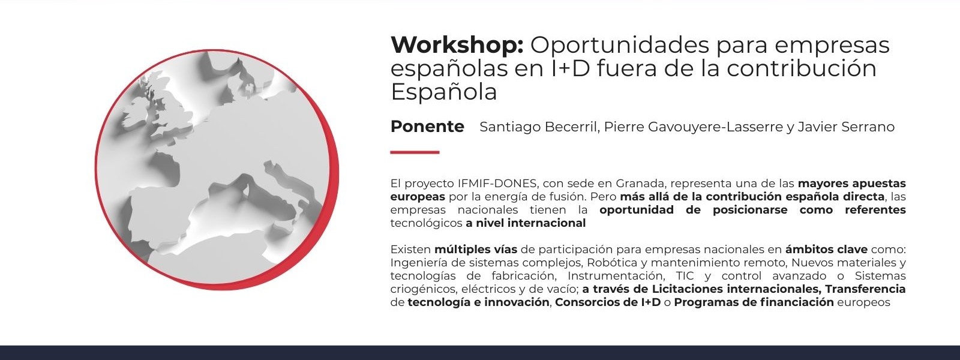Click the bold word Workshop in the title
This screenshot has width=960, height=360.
[457, 45]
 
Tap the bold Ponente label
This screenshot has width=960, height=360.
[427, 127]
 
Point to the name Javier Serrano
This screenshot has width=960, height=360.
[846, 127]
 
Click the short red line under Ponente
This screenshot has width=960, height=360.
[415, 152]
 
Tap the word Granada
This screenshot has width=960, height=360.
[640, 184]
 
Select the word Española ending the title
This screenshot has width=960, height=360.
[443, 91]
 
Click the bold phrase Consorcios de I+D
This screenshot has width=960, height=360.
[608, 302]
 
